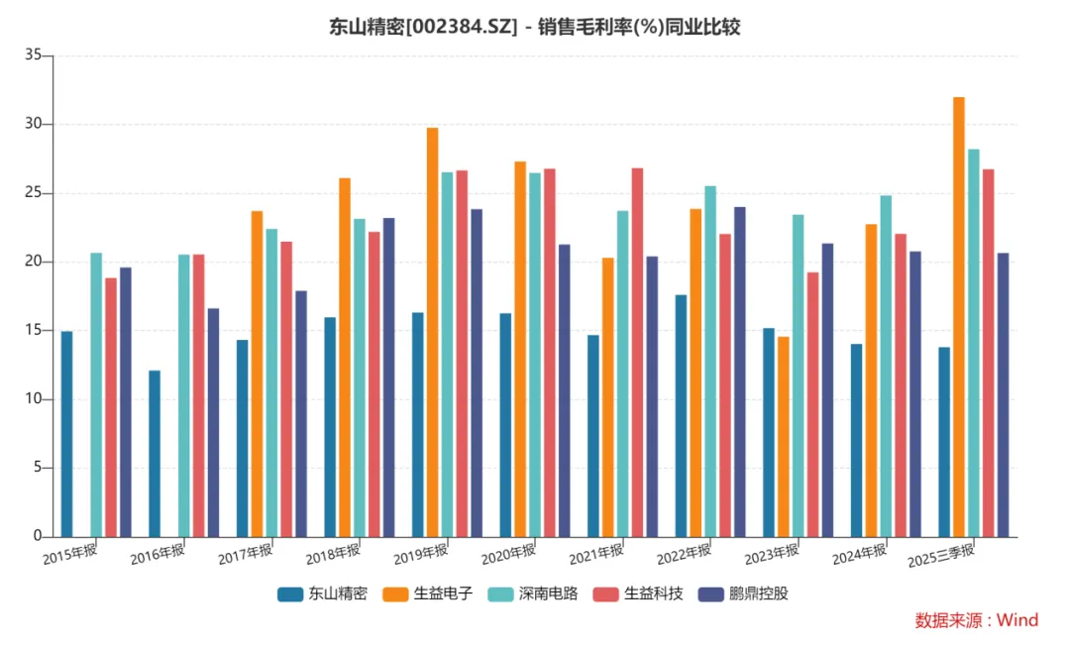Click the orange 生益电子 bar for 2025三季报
pyautogui.click(x=959, y=317)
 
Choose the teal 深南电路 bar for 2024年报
pyautogui.click(x=886, y=366)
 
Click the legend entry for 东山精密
pyautogui.click(x=322, y=594)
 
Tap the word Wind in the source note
pyautogui.click(x=1016, y=621)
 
